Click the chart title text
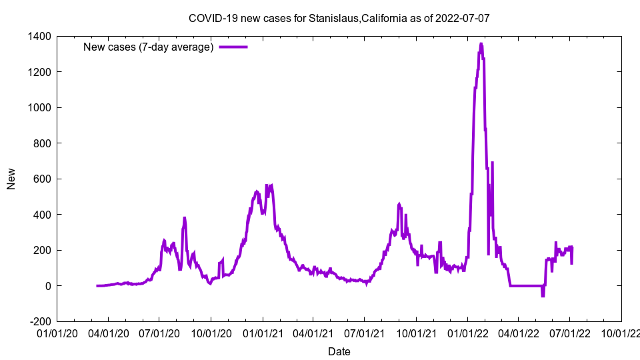coord(339,18)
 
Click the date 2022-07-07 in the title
coord(462,18)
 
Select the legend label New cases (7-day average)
coord(148,47)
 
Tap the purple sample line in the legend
coord(233,47)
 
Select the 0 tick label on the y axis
coord(49,286)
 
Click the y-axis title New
coord(11,179)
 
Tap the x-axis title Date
coord(339,351)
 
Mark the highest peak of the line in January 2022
coord(481,44)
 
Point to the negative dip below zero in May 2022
coord(543,295)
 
